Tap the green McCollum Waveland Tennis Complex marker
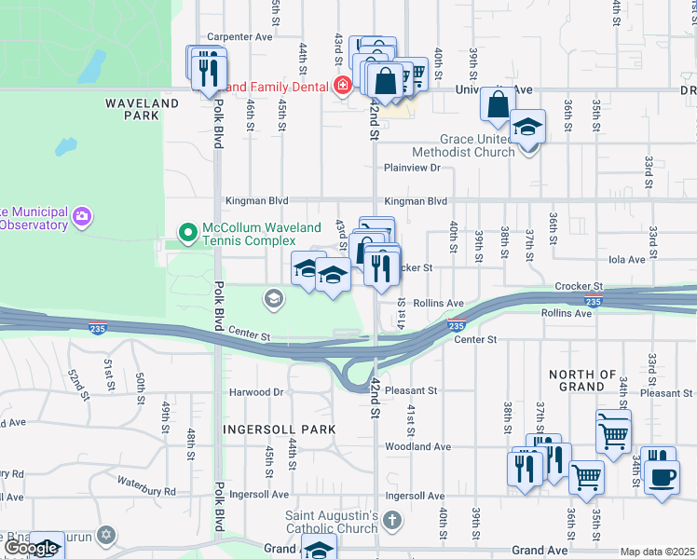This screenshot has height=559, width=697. pyautogui.click(x=188, y=231)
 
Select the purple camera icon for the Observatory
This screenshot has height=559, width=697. pyautogui.click(x=83, y=216)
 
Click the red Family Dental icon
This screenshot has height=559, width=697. pyautogui.click(x=343, y=87)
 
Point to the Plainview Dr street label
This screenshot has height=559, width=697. pyautogui.click(x=411, y=168)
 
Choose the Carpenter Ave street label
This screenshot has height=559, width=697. pyautogui.click(x=239, y=37)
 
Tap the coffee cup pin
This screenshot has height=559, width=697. pyautogui.click(x=662, y=477)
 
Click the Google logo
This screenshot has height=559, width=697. pyautogui.click(x=31, y=548)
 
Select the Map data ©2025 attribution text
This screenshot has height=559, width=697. pyautogui.click(x=657, y=552)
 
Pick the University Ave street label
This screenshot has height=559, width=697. pyautogui.click(x=493, y=89)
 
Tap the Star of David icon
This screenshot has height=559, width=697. pyautogui.click(x=106, y=535)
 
